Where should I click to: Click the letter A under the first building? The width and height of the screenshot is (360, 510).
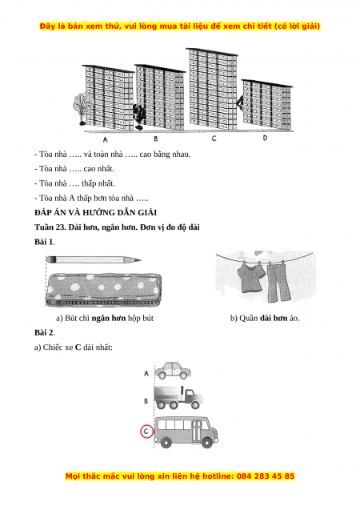point(105,139)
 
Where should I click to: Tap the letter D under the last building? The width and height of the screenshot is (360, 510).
point(265,138)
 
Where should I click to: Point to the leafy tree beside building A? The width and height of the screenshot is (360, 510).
point(82,108)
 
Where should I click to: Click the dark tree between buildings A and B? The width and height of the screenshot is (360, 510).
point(140,116)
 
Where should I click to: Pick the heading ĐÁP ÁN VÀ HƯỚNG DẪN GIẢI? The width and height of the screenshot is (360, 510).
point(95,213)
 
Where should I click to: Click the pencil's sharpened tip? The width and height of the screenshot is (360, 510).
point(139,260)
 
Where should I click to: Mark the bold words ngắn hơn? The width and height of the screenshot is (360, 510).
point(109,318)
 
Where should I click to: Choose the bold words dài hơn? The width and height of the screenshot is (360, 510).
point(274,318)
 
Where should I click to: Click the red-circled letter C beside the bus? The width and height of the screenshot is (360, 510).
point(146,432)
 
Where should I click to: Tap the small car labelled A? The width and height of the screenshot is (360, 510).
point(173,371)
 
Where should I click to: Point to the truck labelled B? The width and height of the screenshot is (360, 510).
point(178,397)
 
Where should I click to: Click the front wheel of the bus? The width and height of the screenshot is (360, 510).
point(207,442)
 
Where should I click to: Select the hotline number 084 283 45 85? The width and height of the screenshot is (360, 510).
point(266,476)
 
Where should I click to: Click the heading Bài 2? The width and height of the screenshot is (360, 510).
point(45,333)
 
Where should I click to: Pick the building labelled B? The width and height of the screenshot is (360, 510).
point(160,97)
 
